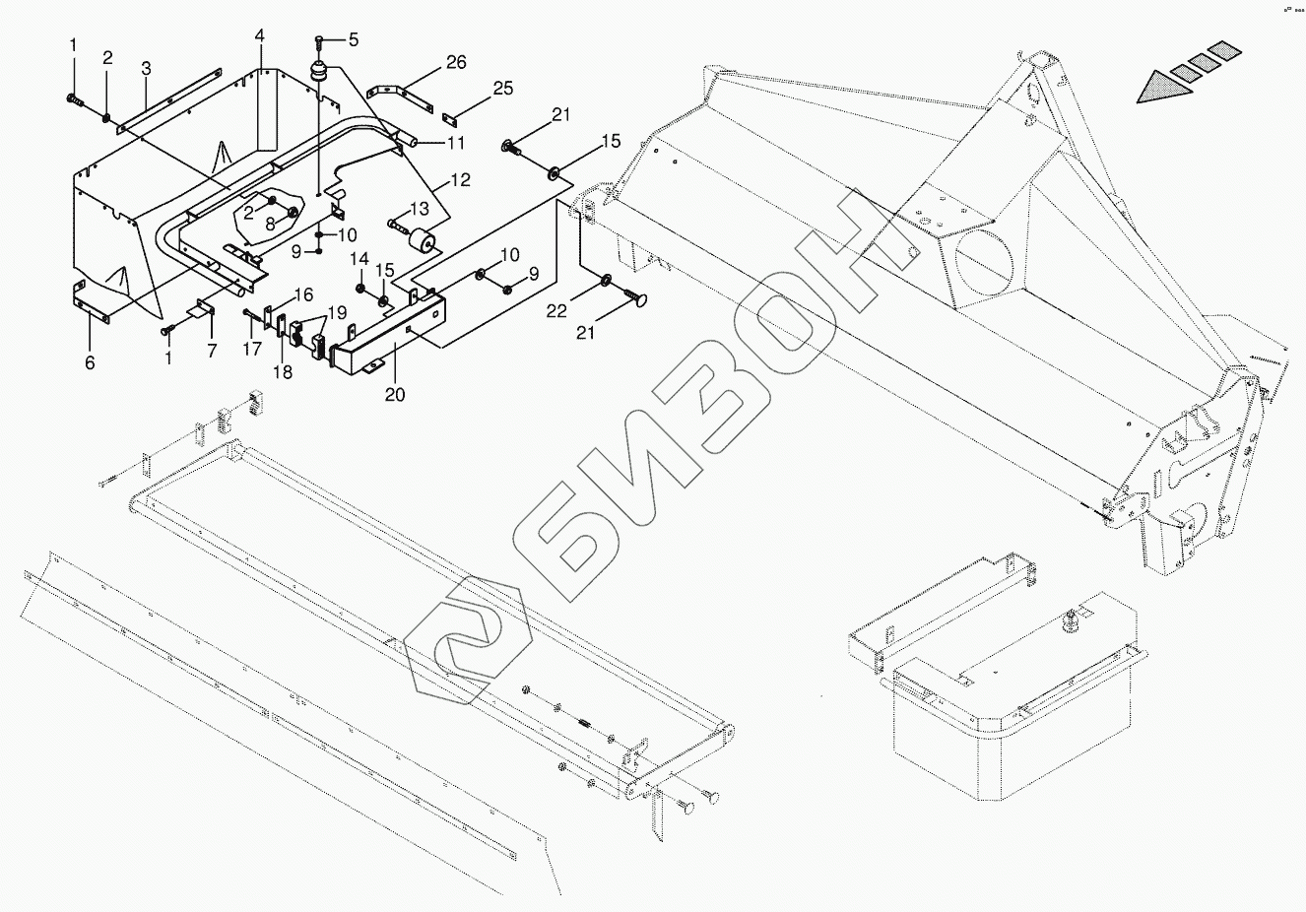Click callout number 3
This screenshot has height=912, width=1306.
(x=146, y=68)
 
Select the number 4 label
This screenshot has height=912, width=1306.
(x=259, y=35)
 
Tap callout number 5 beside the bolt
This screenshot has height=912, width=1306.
(x=353, y=40)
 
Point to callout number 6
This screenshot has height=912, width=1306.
(x=90, y=363)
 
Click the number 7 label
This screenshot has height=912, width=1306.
(x=212, y=352)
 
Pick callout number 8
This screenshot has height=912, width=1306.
(x=271, y=223)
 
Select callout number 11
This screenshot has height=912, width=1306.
(x=456, y=144)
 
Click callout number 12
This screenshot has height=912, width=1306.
(x=460, y=180)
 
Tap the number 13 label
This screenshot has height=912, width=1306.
(x=421, y=210)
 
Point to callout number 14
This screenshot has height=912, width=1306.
(x=359, y=259)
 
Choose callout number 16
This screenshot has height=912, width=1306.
(x=302, y=294)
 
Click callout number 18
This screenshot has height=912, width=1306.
(x=284, y=372)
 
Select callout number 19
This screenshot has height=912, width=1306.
(x=337, y=312)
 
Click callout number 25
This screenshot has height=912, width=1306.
(x=502, y=90)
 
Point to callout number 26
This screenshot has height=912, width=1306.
(x=455, y=63)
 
